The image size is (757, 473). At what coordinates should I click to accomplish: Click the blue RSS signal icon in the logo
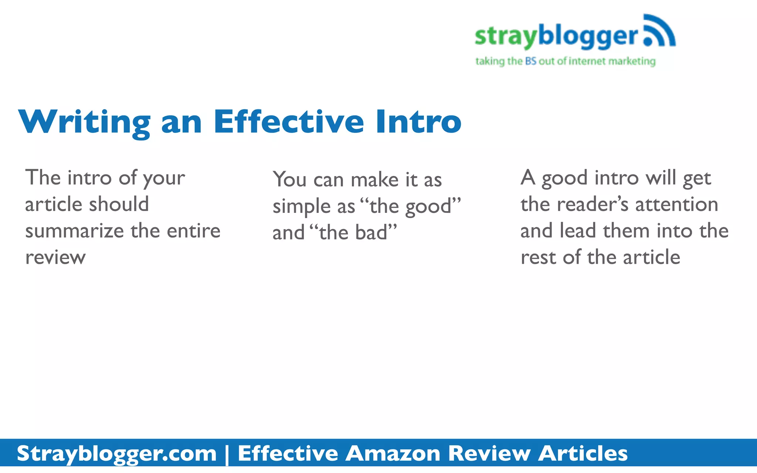tap(659, 31)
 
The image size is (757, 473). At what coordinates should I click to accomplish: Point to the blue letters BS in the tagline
tap(530, 61)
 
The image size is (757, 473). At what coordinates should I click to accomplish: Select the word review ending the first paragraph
tap(55, 257)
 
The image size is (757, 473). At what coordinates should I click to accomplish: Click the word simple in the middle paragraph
tap(302, 207)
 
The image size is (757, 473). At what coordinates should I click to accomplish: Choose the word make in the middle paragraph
tap(374, 180)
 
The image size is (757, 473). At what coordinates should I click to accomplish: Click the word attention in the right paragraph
tap(676, 204)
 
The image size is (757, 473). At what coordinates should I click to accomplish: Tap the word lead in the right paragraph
tap(578, 231)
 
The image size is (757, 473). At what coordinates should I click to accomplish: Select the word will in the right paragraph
tap(661, 178)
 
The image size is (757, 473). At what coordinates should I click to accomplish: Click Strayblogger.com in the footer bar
tap(116, 453)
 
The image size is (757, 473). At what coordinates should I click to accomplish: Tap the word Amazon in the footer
tap(393, 453)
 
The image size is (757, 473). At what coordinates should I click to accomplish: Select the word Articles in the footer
tap(583, 453)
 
